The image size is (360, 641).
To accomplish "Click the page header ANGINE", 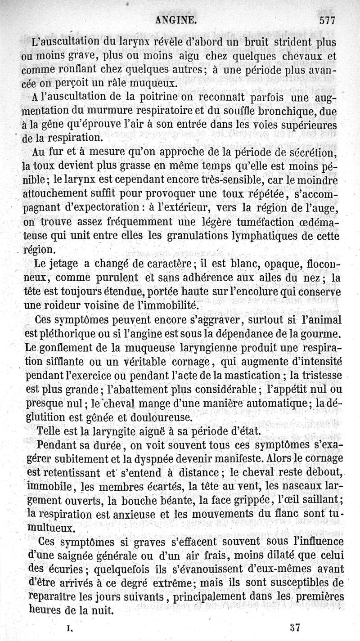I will coord(175,20).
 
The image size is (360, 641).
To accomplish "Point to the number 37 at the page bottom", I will coord(295,627).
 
